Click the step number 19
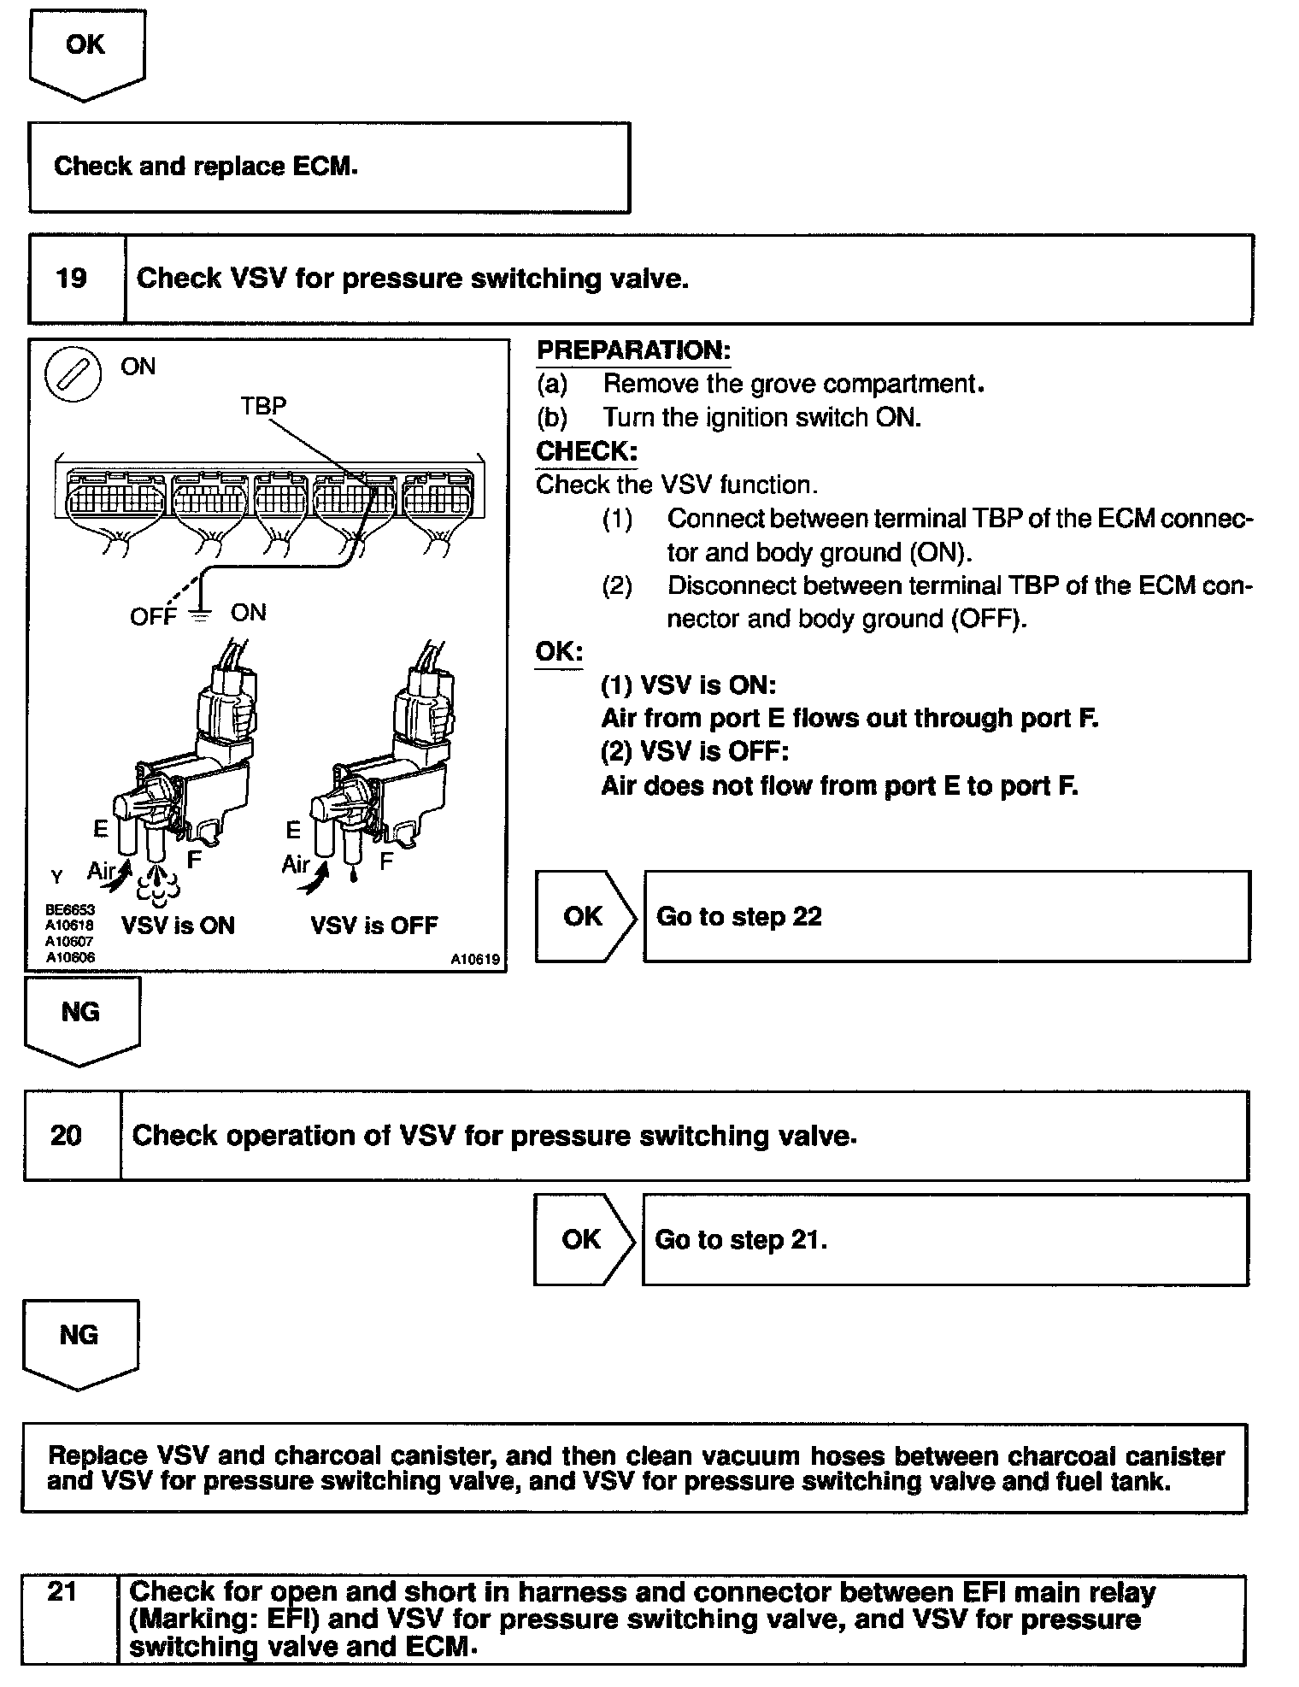pyautogui.click(x=72, y=279)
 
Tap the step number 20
pyautogui.click(x=66, y=1136)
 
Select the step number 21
pyautogui.click(x=63, y=1591)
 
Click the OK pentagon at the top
pyautogui.click(x=85, y=51)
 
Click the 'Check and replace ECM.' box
pyautogui.click(x=329, y=167)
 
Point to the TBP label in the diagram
pyautogui.click(x=263, y=405)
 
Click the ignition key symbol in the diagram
pyautogui.click(x=73, y=375)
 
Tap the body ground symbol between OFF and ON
pyautogui.click(x=200, y=614)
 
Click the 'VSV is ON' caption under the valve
pyautogui.click(x=178, y=926)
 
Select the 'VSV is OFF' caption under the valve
pyautogui.click(x=373, y=926)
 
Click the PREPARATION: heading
pyautogui.click(x=633, y=350)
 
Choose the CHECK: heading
pyautogui.click(x=586, y=451)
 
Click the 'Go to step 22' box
pyautogui.click(x=946, y=916)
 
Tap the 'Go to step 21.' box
pyautogui.click(x=944, y=1239)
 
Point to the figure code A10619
pyautogui.click(x=475, y=960)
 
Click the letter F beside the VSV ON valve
pyautogui.click(x=194, y=859)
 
